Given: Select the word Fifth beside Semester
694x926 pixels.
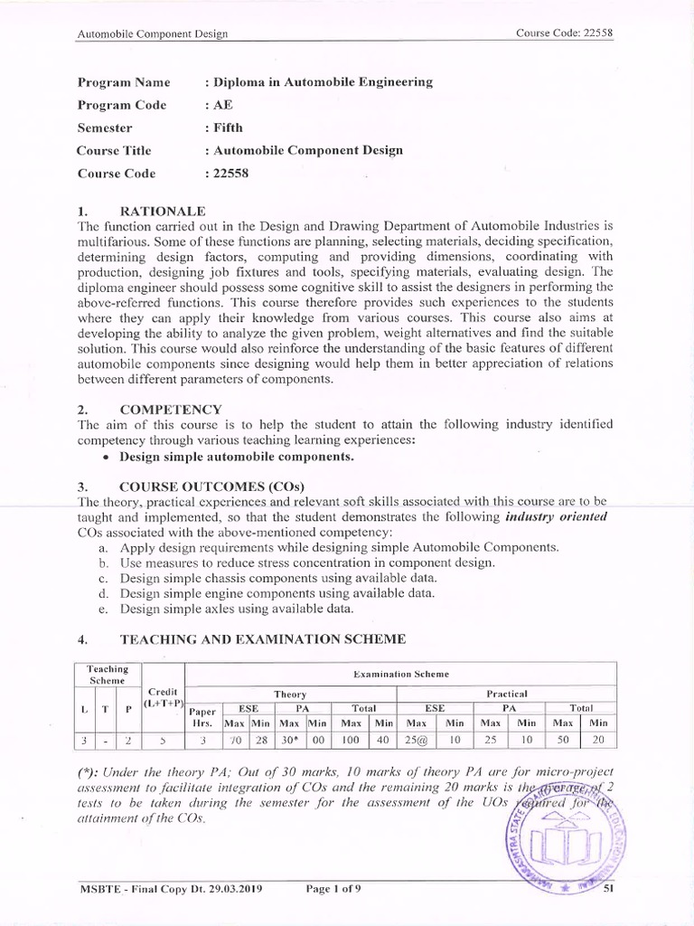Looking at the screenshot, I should click(224, 128).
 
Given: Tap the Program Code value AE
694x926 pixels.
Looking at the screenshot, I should click(221, 105).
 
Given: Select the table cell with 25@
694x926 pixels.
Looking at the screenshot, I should click(417, 740).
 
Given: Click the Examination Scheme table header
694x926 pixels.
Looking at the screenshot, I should click(400, 675).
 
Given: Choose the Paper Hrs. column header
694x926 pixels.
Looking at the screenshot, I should click(202, 716).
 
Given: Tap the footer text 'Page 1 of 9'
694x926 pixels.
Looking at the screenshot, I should click(333, 890).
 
